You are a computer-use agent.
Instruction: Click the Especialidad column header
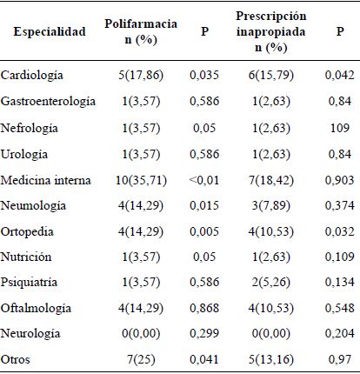point(49,32)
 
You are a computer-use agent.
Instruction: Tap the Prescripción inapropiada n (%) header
point(270,32)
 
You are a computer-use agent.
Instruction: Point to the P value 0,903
point(335,179)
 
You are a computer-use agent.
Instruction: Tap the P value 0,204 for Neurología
point(335,334)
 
